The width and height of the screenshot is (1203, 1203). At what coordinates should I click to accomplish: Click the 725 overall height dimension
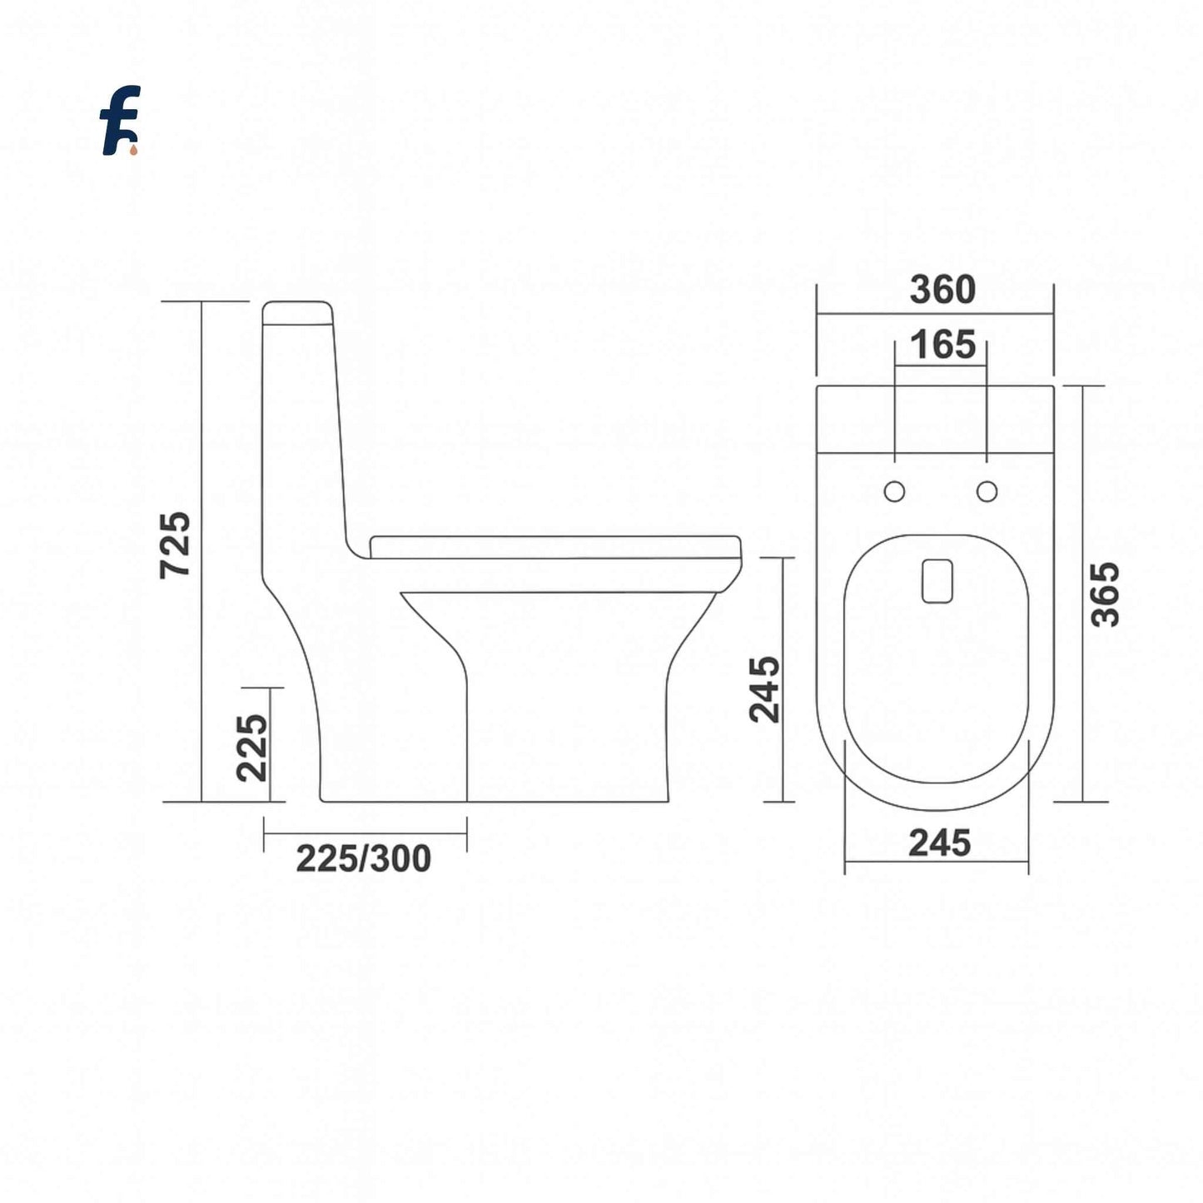176,544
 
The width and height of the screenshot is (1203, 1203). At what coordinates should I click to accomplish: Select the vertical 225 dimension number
252,748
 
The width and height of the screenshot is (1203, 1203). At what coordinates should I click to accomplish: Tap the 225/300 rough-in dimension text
364,858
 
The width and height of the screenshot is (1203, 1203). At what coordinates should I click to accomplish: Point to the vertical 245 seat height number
764,689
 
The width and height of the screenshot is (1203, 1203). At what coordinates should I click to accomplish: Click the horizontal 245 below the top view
939,843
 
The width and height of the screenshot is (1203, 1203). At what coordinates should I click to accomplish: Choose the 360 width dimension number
942,290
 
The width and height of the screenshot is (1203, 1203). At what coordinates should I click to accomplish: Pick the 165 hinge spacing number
942,345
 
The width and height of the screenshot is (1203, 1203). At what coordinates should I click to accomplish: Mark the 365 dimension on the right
1106,594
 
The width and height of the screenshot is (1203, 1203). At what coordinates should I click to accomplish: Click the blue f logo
120,120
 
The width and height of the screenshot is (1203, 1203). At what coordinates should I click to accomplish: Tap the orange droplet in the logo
133,150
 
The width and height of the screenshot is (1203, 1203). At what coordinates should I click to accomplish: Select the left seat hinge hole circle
894,492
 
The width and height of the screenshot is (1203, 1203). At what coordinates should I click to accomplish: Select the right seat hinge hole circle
987,492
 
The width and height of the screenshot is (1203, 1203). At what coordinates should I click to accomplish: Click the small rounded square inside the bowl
937,580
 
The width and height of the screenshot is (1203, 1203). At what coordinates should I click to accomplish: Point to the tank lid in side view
298,311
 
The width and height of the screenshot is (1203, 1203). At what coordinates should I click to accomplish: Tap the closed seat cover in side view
554,547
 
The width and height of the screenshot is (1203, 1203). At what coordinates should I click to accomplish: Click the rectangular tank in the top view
935,419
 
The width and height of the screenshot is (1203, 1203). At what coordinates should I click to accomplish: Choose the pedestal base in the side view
566,733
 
